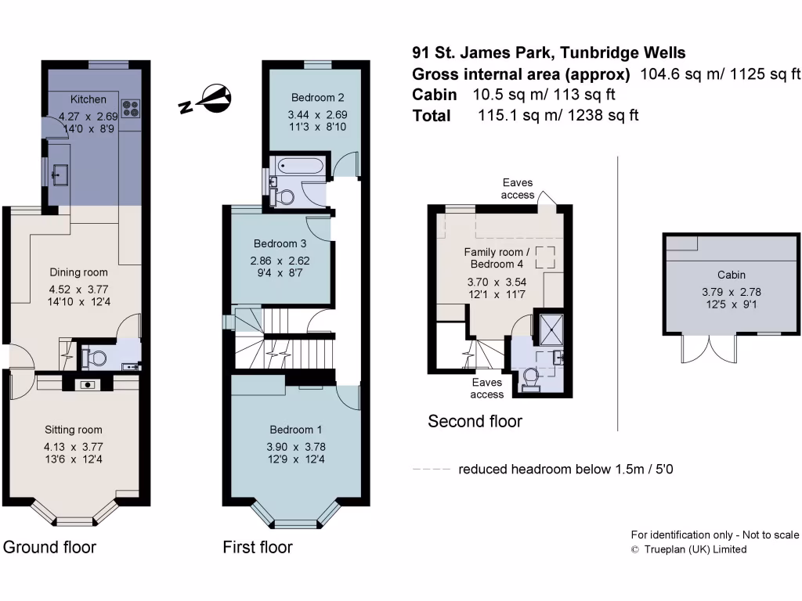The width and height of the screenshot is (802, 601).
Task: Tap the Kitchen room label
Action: coord(88,99)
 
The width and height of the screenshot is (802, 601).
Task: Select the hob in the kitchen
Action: coord(130,106)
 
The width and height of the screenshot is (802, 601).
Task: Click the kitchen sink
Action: coord(58,175)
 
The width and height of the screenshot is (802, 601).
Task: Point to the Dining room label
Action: coord(78,272)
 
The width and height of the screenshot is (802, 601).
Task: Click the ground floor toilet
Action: coord(97,359)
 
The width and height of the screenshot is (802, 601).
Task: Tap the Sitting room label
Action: coord(73,430)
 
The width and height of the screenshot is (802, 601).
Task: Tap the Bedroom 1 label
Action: coord(296,430)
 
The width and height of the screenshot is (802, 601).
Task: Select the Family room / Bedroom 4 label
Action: coord(497,257)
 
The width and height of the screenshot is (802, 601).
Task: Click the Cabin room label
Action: coord(731,275)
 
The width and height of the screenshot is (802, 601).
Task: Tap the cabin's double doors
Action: coord(709,350)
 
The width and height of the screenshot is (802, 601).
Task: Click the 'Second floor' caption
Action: coord(475,422)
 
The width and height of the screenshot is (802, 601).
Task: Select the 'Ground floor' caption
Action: coord(50,547)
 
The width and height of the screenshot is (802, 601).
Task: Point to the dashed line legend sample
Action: coord(431,470)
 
